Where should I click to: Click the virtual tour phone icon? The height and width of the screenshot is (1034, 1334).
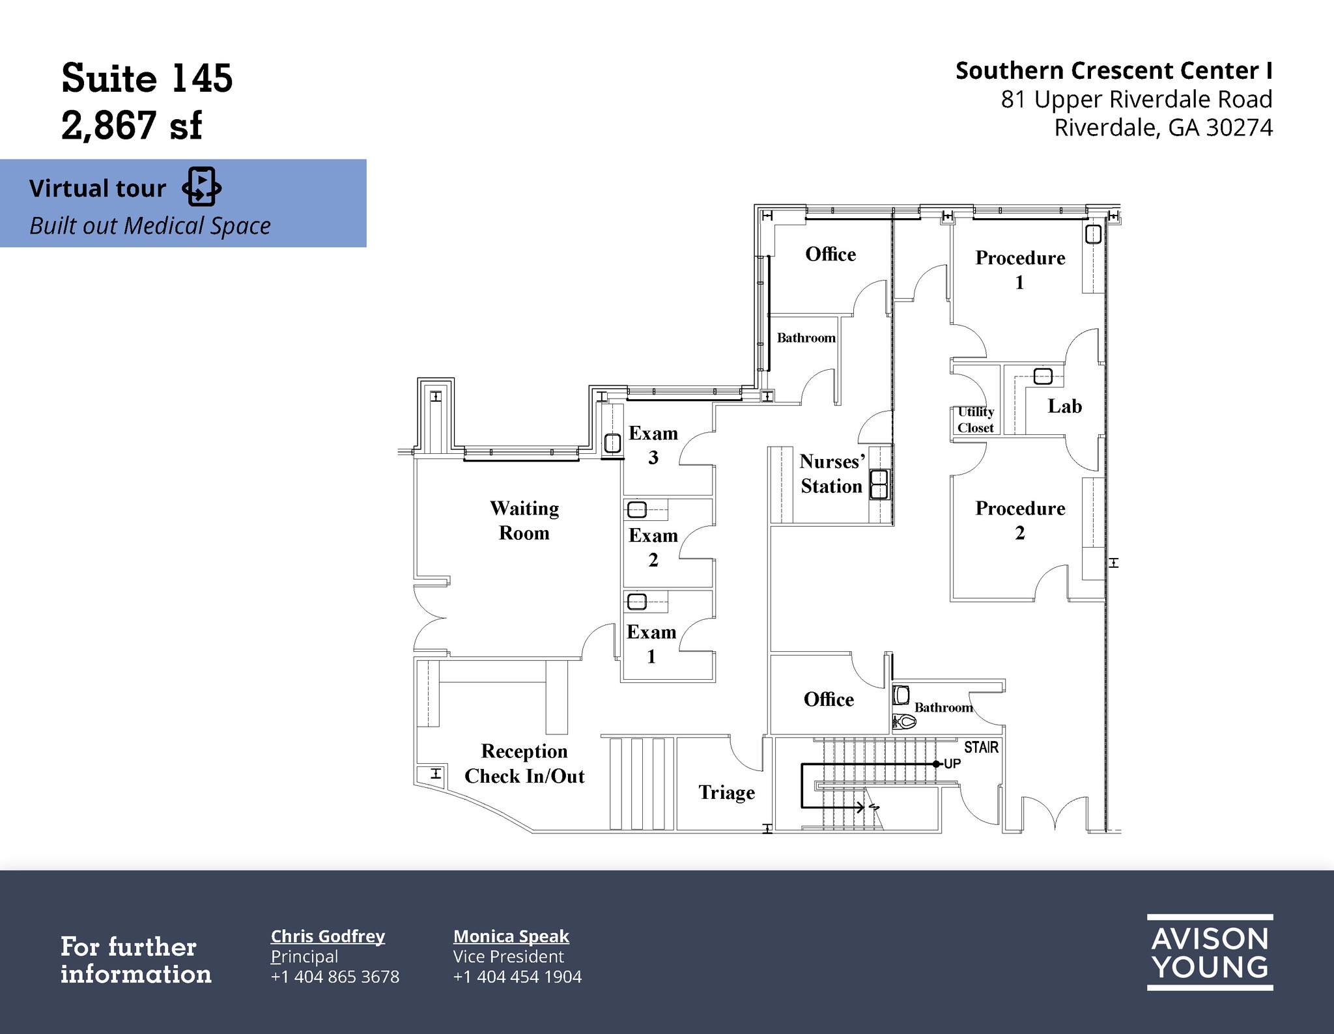[x=201, y=187]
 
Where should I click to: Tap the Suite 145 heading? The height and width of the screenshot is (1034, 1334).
[x=147, y=79]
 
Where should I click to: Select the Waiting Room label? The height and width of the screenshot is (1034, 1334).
[x=524, y=520]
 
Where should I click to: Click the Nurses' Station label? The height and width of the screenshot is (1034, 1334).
[x=832, y=474]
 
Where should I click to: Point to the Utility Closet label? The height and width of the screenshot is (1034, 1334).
[x=975, y=420]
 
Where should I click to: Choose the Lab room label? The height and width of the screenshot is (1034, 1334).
[x=1064, y=406]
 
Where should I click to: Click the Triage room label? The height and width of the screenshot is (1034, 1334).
[x=726, y=792]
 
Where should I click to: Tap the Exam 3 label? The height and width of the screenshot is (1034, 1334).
[x=653, y=445]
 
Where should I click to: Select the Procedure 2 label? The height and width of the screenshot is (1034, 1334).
[x=1020, y=520]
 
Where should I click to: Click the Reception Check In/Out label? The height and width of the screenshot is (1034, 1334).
[x=524, y=764]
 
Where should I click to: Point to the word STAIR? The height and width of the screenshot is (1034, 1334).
[x=981, y=748]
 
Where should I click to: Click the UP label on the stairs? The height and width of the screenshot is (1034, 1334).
[x=952, y=764]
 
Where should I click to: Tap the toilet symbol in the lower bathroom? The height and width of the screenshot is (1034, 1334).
[x=905, y=721]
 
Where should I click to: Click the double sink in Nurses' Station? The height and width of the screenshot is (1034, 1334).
[x=879, y=484]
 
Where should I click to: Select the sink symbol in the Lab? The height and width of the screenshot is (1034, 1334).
[x=1043, y=376]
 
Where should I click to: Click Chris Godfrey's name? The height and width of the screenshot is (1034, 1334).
[x=328, y=936]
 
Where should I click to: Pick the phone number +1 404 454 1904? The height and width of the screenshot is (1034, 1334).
[x=517, y=977]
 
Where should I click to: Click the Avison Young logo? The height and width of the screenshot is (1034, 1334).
[x=1210, y=953]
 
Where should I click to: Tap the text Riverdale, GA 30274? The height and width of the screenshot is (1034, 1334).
[x=1163, y=128]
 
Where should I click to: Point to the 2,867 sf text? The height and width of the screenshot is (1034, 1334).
[x=132, y=125]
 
